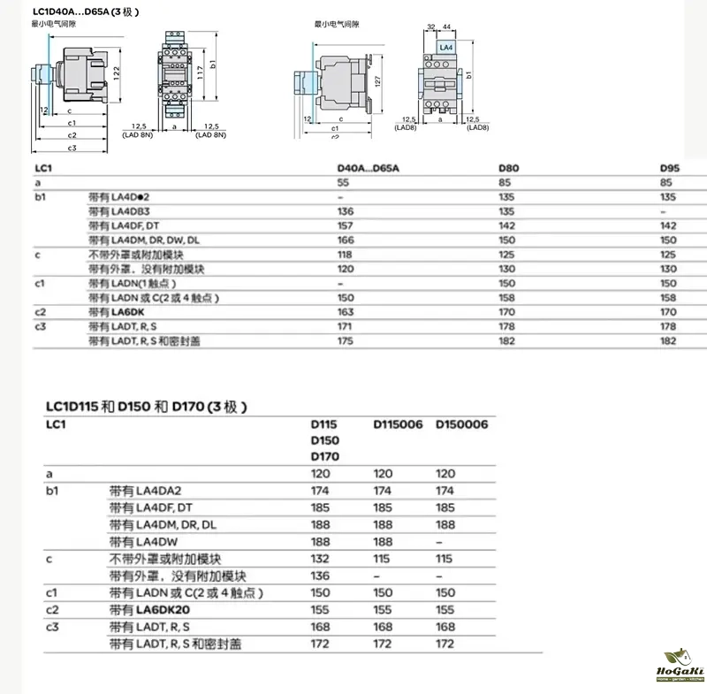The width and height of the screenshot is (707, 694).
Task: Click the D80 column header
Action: click(509, 167)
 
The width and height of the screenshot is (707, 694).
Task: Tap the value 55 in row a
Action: click(344, 182)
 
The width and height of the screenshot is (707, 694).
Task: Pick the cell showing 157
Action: click(346, 225)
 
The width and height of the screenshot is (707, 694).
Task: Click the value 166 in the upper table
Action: click(346, 240)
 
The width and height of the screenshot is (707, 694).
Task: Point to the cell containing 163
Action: click(346, 312)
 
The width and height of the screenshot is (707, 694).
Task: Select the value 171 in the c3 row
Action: click(345, 327)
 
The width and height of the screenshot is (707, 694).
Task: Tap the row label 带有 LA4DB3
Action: click(125, 211)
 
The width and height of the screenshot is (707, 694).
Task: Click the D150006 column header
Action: click(462, 424)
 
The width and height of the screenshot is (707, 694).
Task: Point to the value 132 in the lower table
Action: click(320, 559)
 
